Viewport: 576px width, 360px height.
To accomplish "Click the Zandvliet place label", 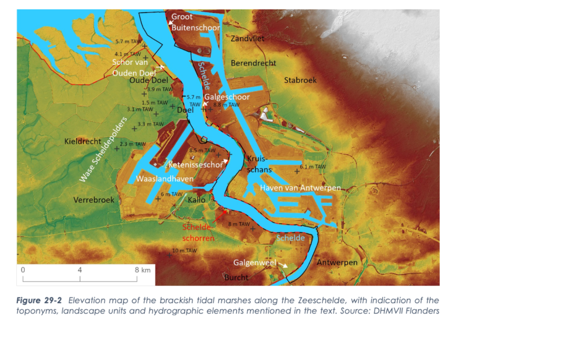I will pyautogui.click(x=247, y=38).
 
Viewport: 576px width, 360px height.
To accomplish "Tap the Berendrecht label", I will pyautogui.click(x=253, y=64).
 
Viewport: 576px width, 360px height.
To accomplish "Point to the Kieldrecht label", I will pyautogui.click(x=83, y=142).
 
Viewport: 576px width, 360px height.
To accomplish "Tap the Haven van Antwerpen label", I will pyautogui.click(x=300, y=187).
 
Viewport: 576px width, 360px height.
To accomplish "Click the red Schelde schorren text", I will pyautogui.click(x=198, y=233).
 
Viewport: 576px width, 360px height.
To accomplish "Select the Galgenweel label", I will pyautogui.click(x=254, y=262).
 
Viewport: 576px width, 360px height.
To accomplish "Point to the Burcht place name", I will pyautogui.click(x=236, y=277).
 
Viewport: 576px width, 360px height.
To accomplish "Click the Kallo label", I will pyautogui.click(x=197, y=200).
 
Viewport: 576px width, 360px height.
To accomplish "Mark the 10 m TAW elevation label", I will pyautogui.click(x=184, y=251).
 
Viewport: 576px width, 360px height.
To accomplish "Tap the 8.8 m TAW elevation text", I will pyautogui.click(x=226, y=105).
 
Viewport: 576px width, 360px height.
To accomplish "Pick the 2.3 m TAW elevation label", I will pyautogui.click(x=132, y=144).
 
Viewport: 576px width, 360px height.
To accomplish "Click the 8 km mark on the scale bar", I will pyautogui.click(x=142, y=270).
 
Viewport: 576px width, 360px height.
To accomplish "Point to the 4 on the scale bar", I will pyautogui.click(x=80, y=270).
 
